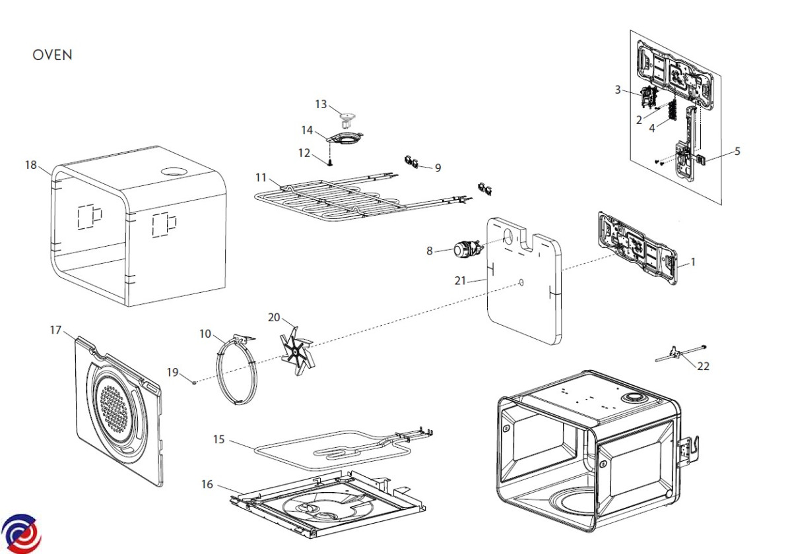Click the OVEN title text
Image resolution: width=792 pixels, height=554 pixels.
[52, 55]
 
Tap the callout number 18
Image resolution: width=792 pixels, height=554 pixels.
[31, 165]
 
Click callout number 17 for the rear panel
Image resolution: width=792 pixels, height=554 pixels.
[56, 328]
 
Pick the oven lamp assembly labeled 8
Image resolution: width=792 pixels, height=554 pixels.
[465, 250]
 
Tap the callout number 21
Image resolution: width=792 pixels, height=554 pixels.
[460, 281]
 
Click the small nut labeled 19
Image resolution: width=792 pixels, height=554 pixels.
[195, 381]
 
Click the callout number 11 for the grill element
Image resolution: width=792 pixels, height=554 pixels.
[261, 177]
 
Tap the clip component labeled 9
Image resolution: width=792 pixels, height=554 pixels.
[412, 162]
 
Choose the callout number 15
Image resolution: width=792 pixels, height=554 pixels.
[219, 439]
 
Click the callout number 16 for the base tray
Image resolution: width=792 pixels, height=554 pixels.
[207, 485]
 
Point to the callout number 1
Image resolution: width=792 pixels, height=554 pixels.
[693, 262]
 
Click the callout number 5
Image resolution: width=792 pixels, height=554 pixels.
[737, 151]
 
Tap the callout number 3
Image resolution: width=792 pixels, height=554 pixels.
[618, 90]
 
